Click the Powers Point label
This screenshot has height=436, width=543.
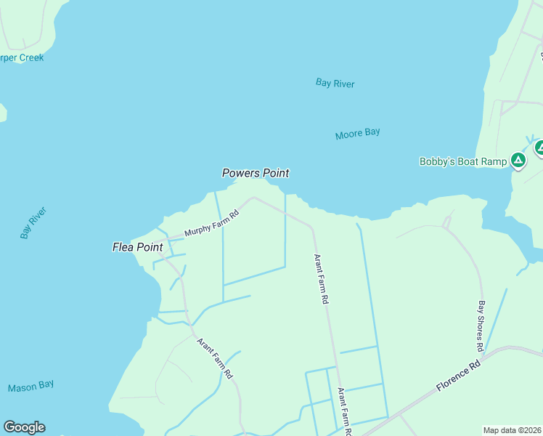pyautogui.click(x=256, y=173)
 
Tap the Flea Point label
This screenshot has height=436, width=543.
pyautogui.click(x=137, y=247)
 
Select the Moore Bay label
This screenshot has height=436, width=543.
pyautogui.click(x=357, y=134)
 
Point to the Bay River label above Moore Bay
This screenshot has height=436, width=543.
pyautogui.click(x=335, y=84)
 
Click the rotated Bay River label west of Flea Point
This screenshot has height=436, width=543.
pyautogui.click(x=33, y=223)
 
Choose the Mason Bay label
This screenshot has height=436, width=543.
pyautogui.click(x=31, y=387)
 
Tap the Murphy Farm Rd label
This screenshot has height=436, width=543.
pyautogui.click(x=211, y=224)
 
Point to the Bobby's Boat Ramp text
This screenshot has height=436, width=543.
pyautogui.click(x=462, y=161)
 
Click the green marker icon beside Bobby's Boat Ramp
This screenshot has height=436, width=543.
pyautogui.click(x=518, y=160)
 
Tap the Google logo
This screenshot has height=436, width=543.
pyautogui.click(x=24, y=427)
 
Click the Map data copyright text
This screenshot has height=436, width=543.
pyautogui.click(x=513, y=429)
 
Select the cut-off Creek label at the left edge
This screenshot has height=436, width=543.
pyautogui.click(x=21, y=57)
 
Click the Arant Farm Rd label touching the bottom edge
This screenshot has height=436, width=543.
pyautogui.click(x=344, y=411)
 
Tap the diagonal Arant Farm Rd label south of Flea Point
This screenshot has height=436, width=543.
pyautogui.click(x=214, y=358)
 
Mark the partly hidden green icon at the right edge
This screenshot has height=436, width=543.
pyautogui.click(x=539, y=148)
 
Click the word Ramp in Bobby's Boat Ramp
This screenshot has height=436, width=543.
pyautogui.click(x=493, y=161)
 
